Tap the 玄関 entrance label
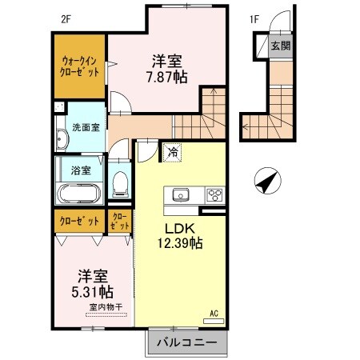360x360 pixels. (x=280, y=46)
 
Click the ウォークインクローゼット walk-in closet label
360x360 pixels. (x=80, y=66)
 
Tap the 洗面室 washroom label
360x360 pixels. (x=85, y=127)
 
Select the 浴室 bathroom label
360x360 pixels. (x=80, y=170)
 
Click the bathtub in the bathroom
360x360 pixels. (x=78, y=193)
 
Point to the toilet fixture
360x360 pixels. (x=120, y=183)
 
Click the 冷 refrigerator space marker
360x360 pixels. (x=172, y=150)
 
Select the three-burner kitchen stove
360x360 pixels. (x=214, y=194)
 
